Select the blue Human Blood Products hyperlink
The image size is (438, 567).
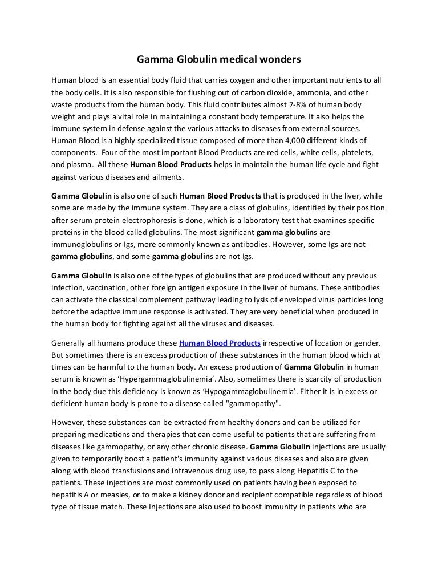click(x=220, y=343)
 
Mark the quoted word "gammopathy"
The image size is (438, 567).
click(x=253, y=403)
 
